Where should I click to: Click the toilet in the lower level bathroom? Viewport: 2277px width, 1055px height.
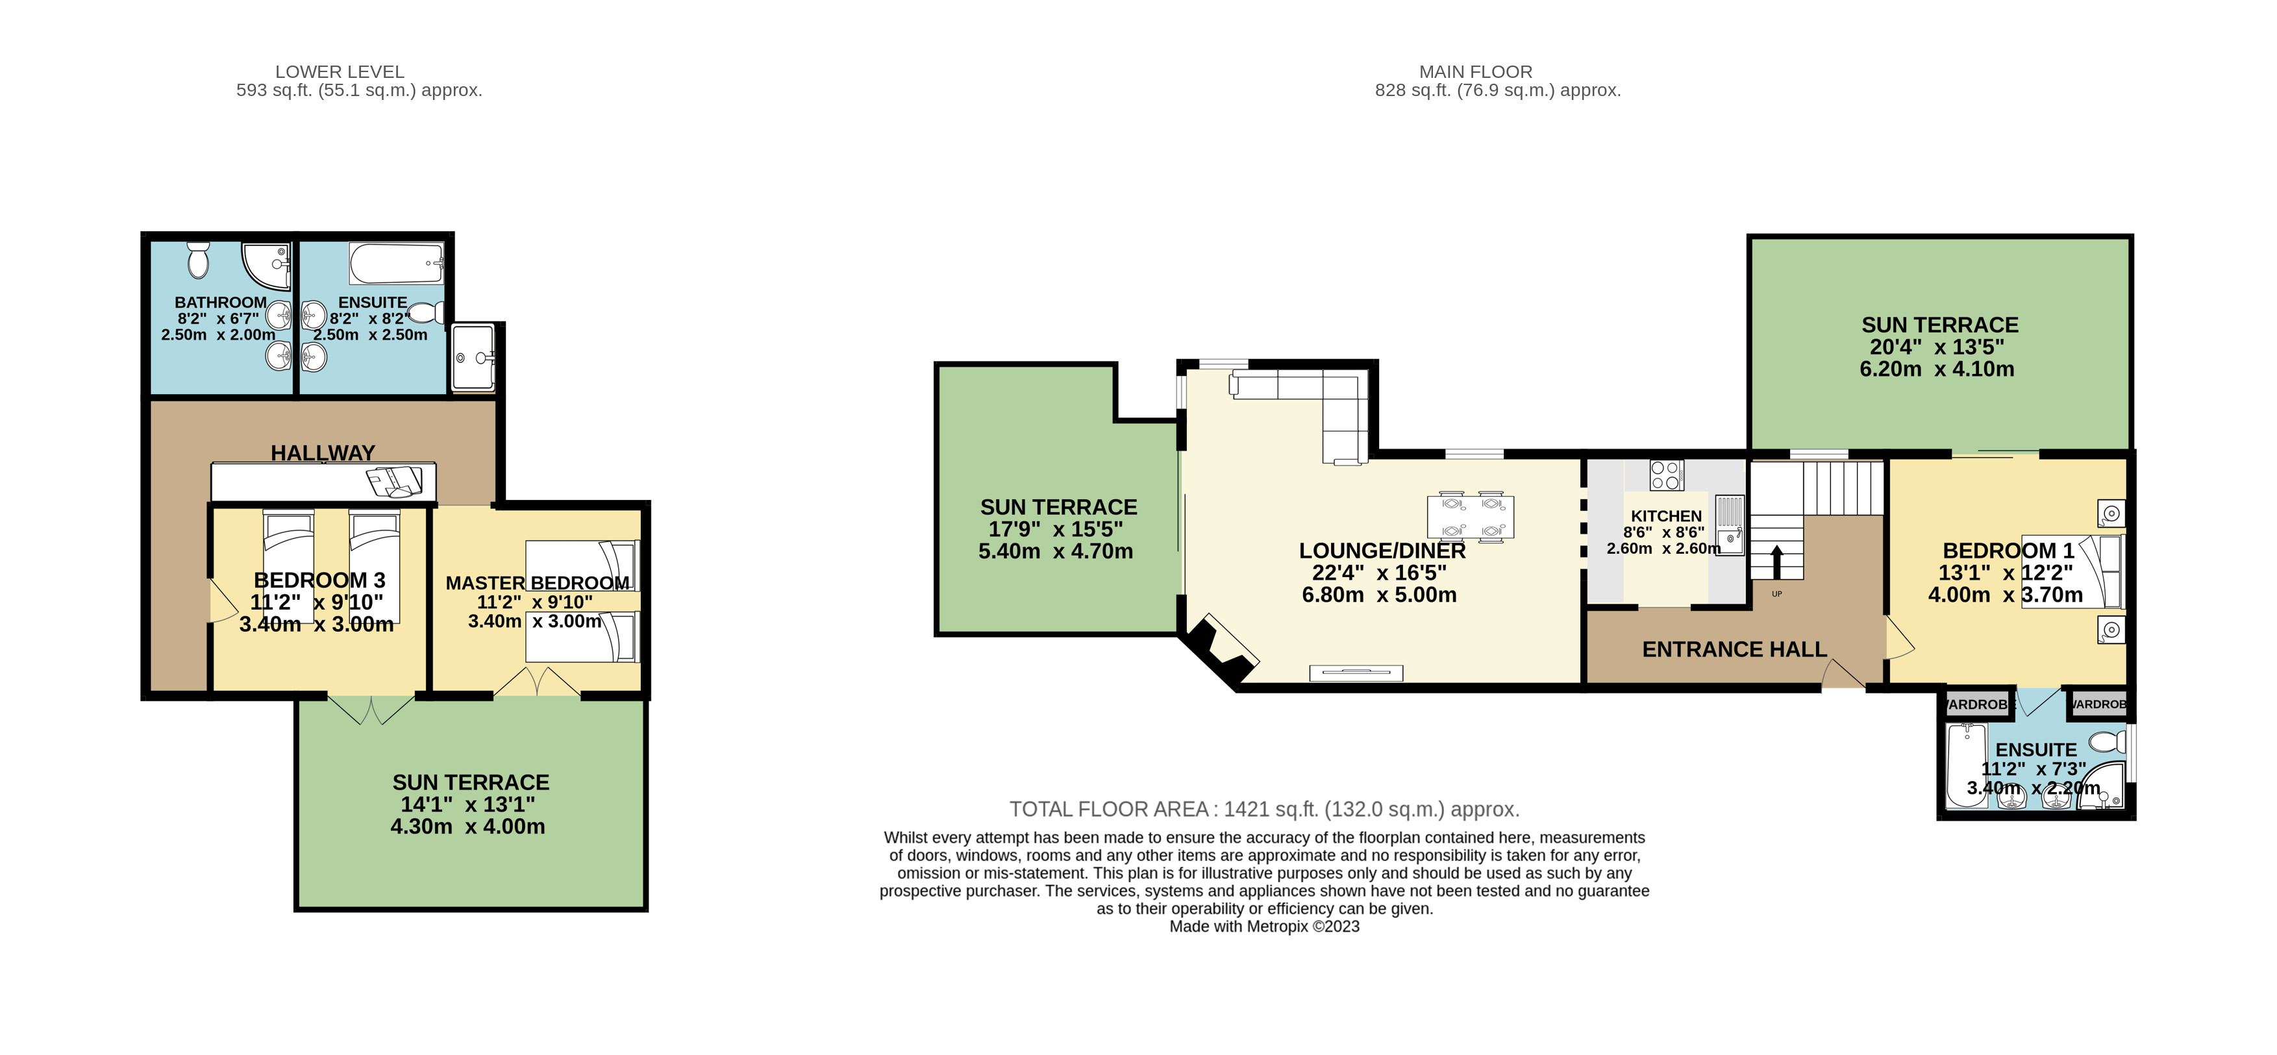[x=198, y=260]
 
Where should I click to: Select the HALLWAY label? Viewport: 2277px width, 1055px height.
[x=323, y=453]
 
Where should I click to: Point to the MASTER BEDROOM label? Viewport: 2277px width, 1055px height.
[x=536, y=583]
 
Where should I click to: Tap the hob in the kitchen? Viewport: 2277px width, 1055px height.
[x=1665, y=475]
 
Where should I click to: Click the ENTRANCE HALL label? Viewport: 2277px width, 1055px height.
[x=1734, y=649]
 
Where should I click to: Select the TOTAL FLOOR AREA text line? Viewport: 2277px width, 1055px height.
[x=1264, y=810]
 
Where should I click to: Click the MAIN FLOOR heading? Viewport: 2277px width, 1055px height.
[x=1475, y=71]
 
